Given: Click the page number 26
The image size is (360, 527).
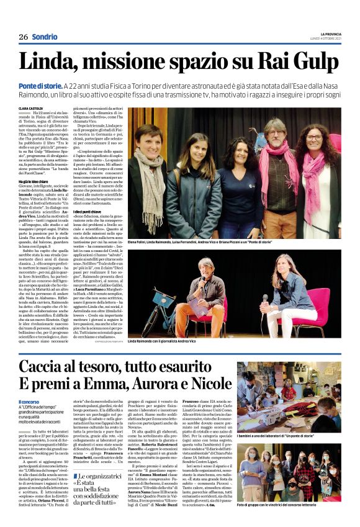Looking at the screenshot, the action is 23,37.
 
